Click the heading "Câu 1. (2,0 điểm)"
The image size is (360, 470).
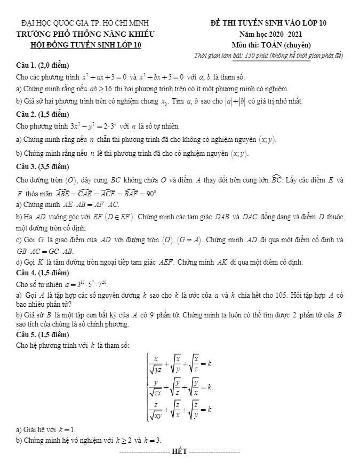(x=43, y=66)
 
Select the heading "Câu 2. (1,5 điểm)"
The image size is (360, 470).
(x=43, y=114)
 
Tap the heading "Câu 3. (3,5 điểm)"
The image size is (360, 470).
(x=43, y=166)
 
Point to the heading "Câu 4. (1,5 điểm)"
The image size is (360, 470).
(x=43, y=273)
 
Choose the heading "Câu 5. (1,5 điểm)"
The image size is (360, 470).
(x=43, y=334)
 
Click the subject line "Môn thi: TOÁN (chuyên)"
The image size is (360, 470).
(x=271, y=45)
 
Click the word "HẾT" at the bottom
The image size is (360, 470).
(x=180, y=452)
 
